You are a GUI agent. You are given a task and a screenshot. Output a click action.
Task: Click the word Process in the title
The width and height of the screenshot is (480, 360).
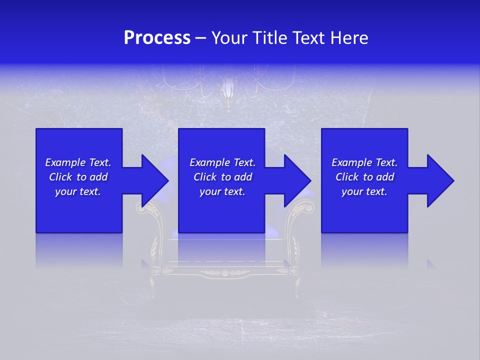coord(157,38)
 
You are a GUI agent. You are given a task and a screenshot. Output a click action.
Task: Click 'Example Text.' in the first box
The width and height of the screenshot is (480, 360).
coord(78,162)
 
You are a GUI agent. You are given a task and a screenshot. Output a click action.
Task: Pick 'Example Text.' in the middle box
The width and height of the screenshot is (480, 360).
coord(222,162)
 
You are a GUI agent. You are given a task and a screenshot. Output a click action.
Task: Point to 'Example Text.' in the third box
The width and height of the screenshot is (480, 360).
coord(364,162)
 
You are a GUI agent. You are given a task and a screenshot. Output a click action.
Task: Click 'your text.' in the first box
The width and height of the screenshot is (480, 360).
coord(78,191)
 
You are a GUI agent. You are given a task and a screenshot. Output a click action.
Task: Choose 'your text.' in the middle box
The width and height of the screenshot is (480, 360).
coord(222,191)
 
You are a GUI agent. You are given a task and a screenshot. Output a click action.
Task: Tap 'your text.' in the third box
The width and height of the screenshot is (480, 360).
coord(364,191)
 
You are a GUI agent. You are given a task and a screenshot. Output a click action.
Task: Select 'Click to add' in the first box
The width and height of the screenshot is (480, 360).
coord(78,177)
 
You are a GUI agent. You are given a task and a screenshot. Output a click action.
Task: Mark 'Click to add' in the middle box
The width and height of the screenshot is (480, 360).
coord(222,177)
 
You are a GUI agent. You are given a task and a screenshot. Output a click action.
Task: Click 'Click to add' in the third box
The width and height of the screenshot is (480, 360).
coord(364,177)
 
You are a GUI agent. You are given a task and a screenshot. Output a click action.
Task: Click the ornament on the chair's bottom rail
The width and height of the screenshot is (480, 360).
coord(224,272)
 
